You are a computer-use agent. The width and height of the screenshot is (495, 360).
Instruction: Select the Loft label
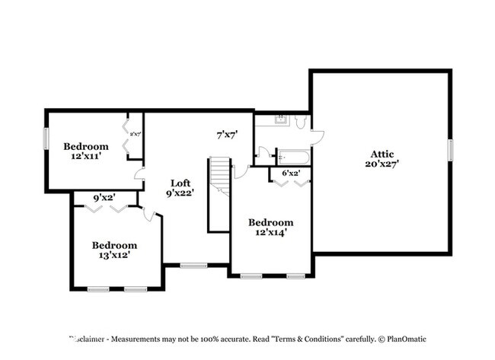180,183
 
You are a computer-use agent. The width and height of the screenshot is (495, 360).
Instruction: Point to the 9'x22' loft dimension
180,193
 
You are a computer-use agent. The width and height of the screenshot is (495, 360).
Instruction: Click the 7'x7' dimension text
227,135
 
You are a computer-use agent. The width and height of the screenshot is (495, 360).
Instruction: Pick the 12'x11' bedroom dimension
85,155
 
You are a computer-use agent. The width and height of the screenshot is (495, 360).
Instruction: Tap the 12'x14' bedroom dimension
270,232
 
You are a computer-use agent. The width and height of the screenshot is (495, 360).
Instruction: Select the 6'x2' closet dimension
291,174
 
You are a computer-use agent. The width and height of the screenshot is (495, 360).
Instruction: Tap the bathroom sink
279,119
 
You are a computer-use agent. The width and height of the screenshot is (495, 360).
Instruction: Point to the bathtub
293,158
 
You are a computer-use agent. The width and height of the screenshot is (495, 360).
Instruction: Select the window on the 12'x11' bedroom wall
46,139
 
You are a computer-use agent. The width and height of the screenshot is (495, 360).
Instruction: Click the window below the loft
194,265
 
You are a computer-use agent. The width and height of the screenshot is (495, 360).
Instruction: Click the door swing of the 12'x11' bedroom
139,177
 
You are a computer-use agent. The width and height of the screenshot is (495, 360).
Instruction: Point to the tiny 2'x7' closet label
135,135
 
